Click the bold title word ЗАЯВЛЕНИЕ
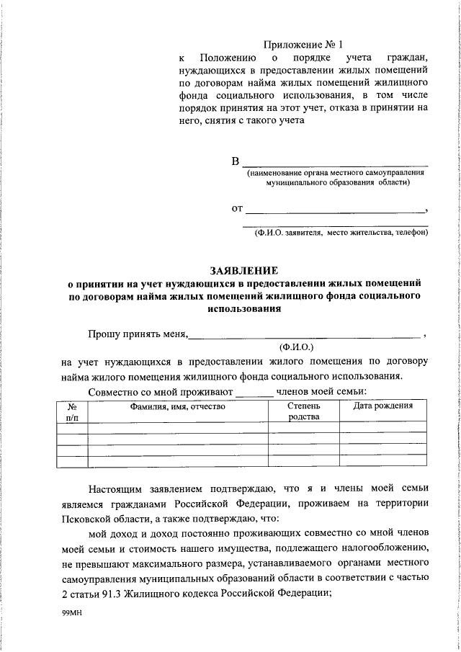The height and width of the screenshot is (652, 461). [x=243, y=271]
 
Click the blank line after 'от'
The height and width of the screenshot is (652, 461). [x=335, y=212]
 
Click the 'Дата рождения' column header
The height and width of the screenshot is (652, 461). [x=383, y=406]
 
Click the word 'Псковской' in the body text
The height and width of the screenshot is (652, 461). [x=84, y=519]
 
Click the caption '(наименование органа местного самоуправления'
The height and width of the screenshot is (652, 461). [x=334, y=174]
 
